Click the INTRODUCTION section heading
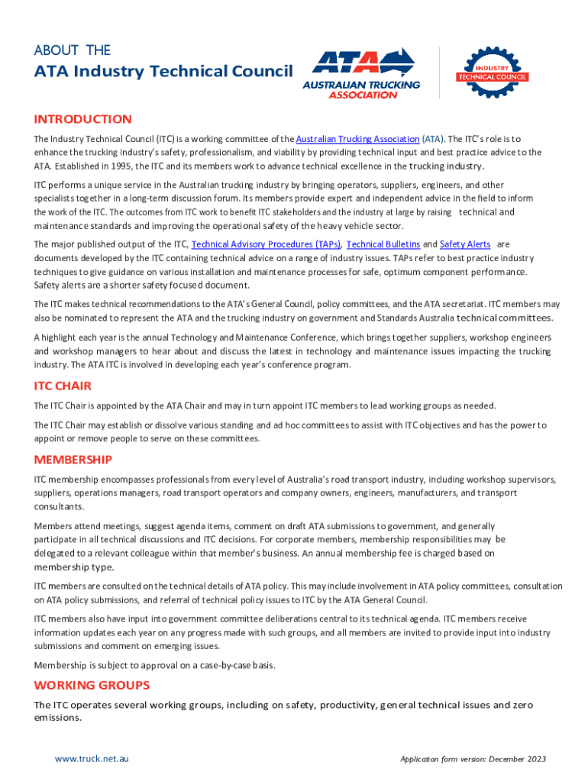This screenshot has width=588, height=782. pyautogui.click(x=82, y=119)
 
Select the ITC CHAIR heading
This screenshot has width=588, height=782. pyautogui.click(x=63, y=386)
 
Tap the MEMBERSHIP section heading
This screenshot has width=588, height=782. pyautogui.click(x=73, y=460)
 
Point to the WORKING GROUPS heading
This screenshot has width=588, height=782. pyautogui.click(x=92, y=685)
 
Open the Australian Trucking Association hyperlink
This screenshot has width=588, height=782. pyautogui.click(x=357, y=139)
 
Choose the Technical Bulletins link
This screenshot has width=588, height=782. pyautogui.click(x=383, y=244)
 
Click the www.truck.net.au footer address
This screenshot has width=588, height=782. pyautogui.click(x=92, y=758)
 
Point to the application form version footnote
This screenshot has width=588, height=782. pyautogui.click(x=473, y=759)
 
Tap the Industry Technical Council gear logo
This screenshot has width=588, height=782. pyautogui.click(x=493, y=73)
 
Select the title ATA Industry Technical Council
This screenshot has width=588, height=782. pyautogui.click(x=163, y=72)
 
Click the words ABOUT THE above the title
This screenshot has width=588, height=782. pyautogui.click(x=73, y=50)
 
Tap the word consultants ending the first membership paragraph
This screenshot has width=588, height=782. pyautogui.click(x=58, y=506)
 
